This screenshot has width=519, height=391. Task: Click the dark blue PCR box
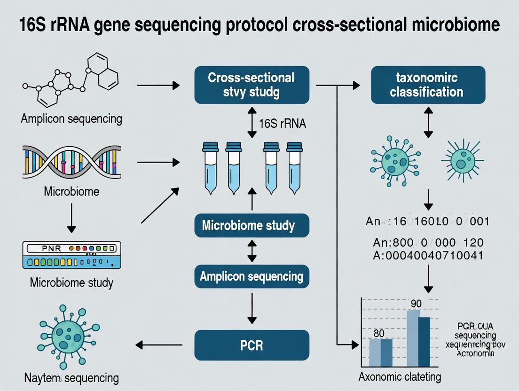252,346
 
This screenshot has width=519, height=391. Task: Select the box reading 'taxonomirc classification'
428,85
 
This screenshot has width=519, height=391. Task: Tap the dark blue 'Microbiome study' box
252,225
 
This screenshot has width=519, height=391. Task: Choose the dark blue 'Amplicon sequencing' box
252,276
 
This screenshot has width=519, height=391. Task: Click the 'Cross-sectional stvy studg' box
252,85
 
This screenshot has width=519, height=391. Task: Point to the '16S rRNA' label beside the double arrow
282,124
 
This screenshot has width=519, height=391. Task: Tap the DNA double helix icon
71,164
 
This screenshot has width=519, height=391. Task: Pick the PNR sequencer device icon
70,255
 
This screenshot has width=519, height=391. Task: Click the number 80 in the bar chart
379,333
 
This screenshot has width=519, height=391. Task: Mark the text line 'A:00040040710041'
428,256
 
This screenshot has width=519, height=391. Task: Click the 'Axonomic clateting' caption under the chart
400,376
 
